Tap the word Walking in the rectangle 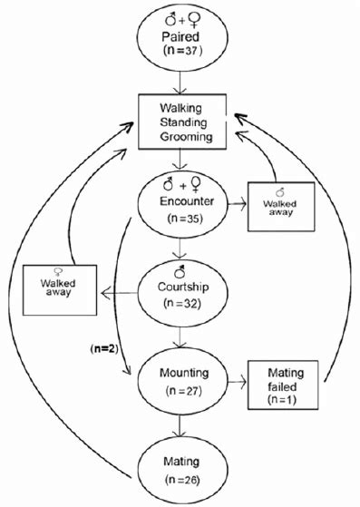184,108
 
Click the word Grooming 184,138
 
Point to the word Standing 184,122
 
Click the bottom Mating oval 184,469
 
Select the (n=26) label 184,481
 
